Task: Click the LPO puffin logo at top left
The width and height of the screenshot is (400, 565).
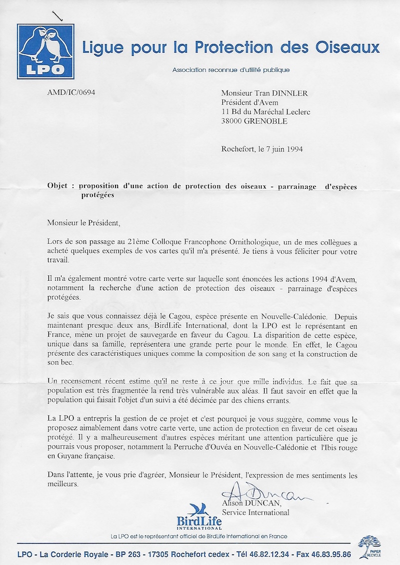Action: (x=42, y=51)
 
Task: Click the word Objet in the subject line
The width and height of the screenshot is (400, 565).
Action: (x=58, y=186)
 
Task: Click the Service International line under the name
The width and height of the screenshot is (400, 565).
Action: (x=255, y=513)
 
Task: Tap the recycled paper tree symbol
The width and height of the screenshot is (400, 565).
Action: (x=369, y=545)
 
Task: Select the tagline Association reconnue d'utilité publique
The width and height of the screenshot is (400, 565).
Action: (x=231, y=70)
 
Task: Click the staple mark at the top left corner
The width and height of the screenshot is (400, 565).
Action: (x=59, y=16)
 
